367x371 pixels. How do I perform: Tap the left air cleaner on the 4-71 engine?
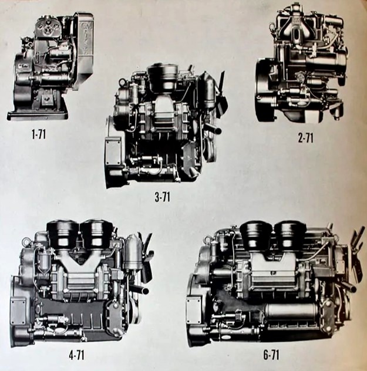(63, 234)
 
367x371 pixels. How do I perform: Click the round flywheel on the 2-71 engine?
(265, 91)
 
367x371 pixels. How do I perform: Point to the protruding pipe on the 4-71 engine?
(139, 289)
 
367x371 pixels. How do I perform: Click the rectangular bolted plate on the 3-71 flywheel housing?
(113, 150)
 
